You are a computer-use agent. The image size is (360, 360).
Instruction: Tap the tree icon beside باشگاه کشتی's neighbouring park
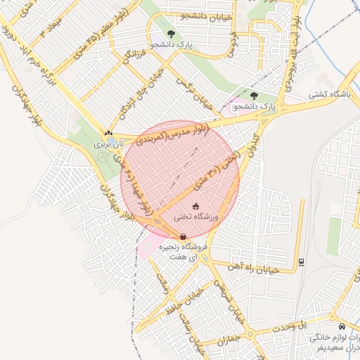coord(254,96)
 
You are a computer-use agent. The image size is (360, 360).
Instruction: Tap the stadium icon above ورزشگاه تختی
coord(195,205)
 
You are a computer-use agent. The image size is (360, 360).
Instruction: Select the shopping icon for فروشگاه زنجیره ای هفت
coord(183,236)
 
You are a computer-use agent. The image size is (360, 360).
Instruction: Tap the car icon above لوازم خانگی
coord(342,327)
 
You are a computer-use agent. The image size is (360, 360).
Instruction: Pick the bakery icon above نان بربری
coord(108,132)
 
